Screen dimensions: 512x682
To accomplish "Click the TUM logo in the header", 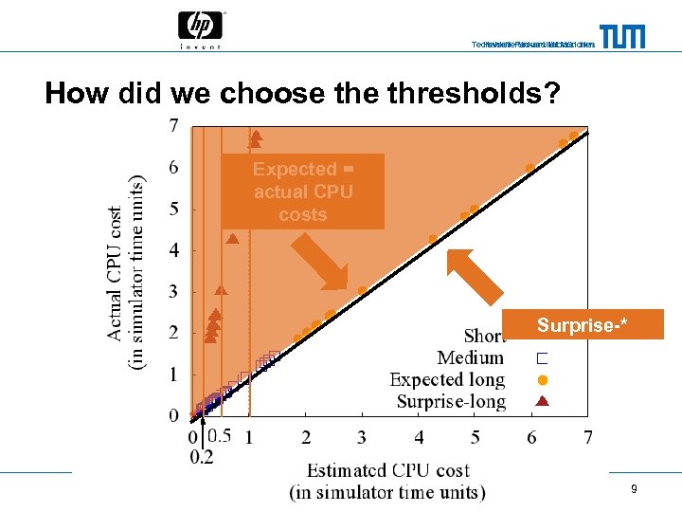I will click(621, 36).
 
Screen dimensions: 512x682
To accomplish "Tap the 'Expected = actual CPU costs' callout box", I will click(303, 192).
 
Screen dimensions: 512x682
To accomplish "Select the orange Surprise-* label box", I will click(583, 325).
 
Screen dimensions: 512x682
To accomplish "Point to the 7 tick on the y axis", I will click(172, 125).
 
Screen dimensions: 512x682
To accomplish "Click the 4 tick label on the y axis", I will click(172, 250).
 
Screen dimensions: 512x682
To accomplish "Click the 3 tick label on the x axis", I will click(362, 437).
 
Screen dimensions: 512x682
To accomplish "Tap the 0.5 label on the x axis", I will click(219, 436).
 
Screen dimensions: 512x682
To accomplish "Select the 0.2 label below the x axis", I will click(202, 457).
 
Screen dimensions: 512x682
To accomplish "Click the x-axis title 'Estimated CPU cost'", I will click(387, 470).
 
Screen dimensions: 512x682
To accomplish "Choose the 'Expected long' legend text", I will click(447, 379).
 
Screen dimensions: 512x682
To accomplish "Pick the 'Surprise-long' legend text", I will click(451, 401).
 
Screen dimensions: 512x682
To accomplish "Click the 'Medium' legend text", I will click(470, 357).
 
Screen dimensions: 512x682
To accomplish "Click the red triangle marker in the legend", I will click(542, 400).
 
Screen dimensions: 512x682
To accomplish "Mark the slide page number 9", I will click(634, 489).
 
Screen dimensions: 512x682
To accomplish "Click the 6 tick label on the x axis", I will click(531, 437).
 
